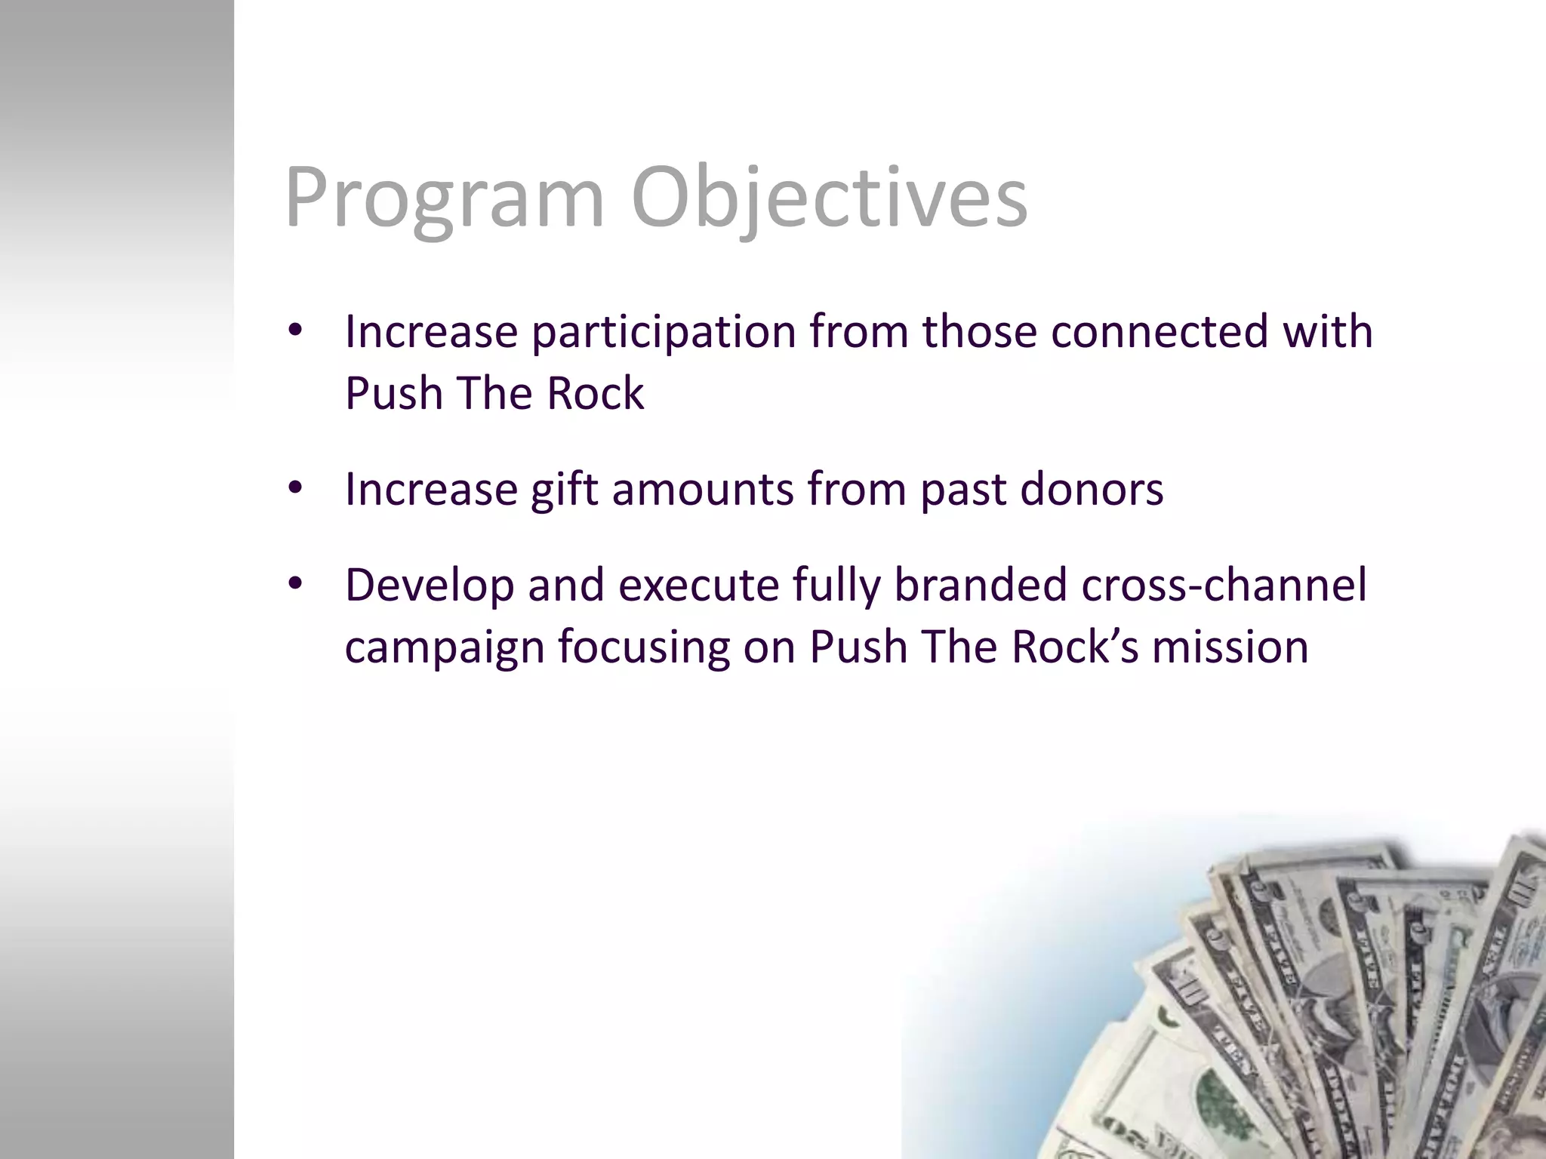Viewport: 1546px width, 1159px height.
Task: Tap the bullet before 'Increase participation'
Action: (295, 330)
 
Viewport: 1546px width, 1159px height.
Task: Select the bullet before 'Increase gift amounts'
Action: (295, 488)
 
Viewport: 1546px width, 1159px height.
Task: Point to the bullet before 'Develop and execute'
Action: (295, 584)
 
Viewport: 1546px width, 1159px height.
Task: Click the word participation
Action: (664, 332)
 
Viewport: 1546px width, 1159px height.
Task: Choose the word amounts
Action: (703, 489)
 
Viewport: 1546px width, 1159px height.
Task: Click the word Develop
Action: (429, 586)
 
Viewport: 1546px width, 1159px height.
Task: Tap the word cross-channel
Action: (1224, 586)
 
